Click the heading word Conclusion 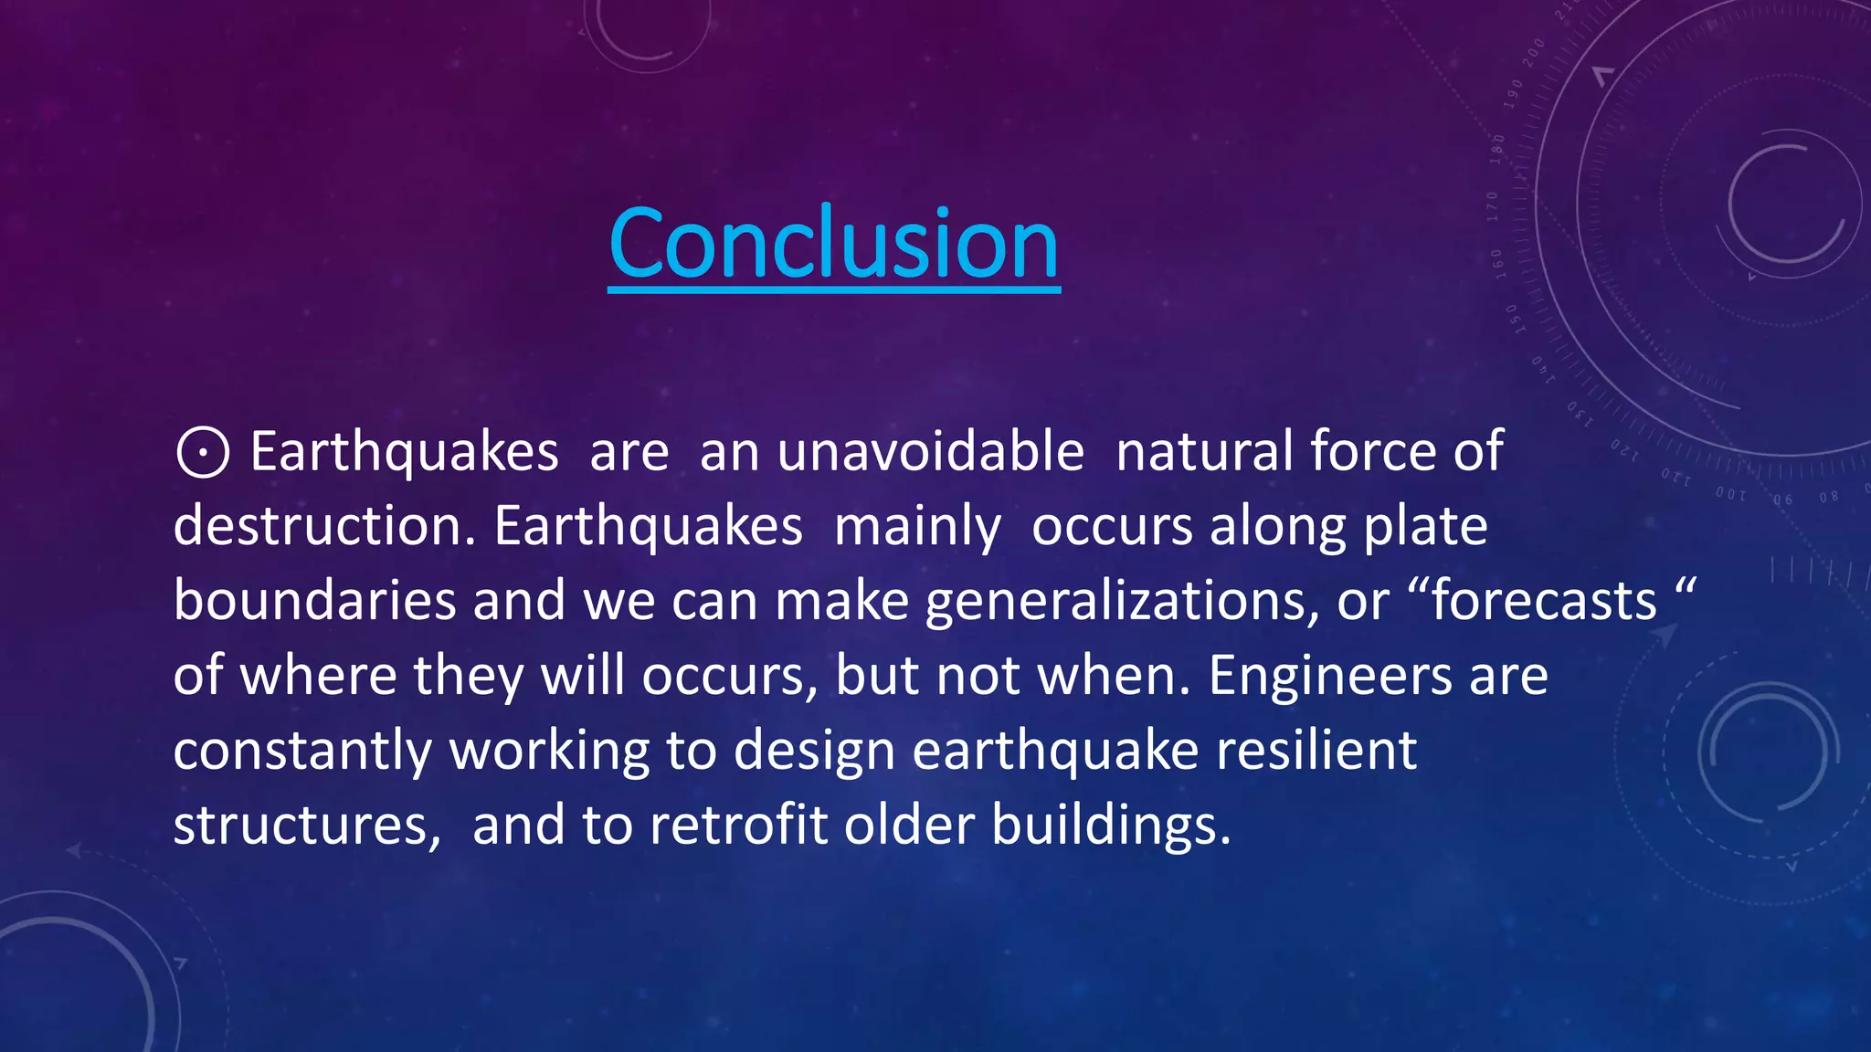[x=833, y=243]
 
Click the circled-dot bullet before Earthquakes [x=202, y=452]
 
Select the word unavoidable [x=930, y=451]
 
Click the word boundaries [x=314, y=601]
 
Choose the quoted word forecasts [x=1544, y=601]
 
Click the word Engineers [x=1330, y=676]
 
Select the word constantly [x=302, y=752]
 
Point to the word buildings [x=1111, y=826]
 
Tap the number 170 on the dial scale [x=1493, y=206]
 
